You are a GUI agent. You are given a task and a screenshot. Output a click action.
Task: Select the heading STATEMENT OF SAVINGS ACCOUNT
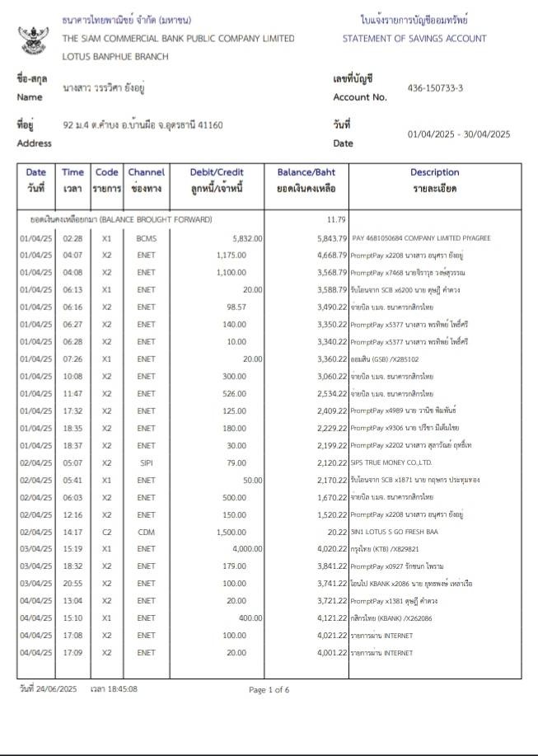click(414, 39)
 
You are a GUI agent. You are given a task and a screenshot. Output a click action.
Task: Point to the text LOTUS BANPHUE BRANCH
click(115, 57)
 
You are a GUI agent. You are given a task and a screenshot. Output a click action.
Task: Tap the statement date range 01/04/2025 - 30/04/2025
click(459, 134)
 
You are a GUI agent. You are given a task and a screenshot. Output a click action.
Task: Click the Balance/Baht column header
click(306, 172)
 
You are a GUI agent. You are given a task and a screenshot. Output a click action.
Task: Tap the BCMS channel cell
click(146, 238)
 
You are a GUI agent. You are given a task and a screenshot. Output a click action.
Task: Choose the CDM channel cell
click(146, 533)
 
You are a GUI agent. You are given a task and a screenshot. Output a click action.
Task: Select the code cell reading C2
click(105, 533)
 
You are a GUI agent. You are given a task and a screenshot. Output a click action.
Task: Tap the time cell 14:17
click(73, 533)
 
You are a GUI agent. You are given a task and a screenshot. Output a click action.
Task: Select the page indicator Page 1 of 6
click(269, 689)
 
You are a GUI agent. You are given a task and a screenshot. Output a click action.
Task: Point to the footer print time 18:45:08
click(120, 688)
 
